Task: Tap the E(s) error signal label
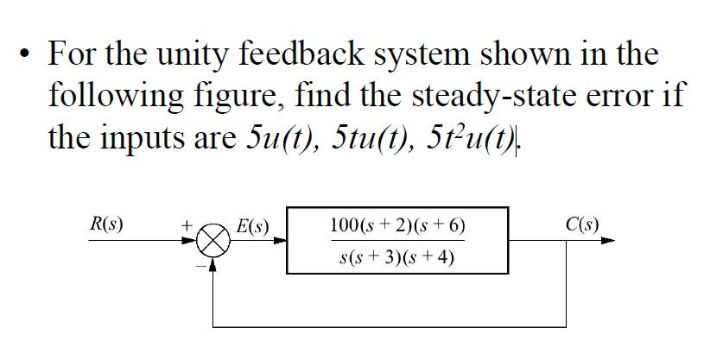252,227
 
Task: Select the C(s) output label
582,225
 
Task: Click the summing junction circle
212,241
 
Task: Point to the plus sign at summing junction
185,224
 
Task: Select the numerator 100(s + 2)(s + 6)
398,226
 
